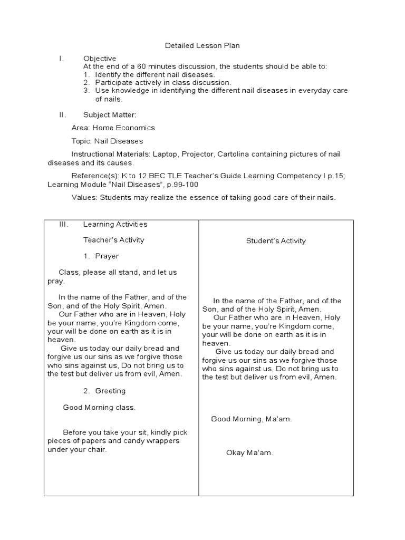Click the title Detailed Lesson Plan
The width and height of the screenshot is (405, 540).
(202, 46)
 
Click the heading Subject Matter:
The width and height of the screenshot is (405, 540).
(110, 114)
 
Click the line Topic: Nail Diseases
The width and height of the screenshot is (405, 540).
(107, 141)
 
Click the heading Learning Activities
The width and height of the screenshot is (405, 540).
(115, 224)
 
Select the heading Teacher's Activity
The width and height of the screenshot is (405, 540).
(113, 240)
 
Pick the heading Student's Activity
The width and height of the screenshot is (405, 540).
(276, 240)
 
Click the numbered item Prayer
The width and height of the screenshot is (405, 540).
(107, 256)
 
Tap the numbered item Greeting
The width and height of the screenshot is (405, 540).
(110, 391)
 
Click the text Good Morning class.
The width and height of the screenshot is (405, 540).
(99, 407)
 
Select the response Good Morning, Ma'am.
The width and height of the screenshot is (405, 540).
(252, 419)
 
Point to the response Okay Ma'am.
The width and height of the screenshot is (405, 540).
(249, 452)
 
